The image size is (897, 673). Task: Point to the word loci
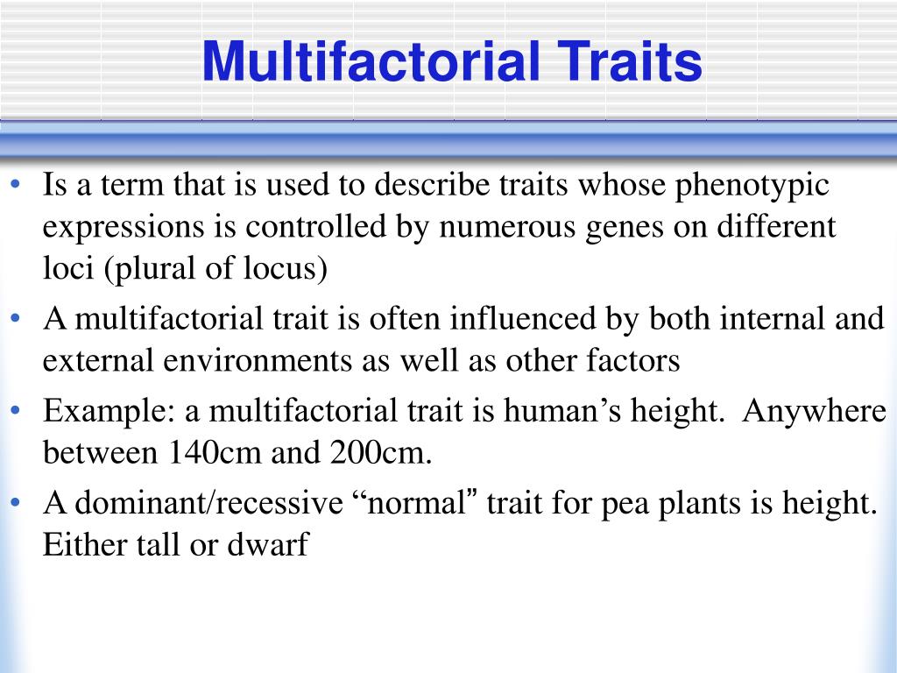click(69, 269)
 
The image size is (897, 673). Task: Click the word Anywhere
click(814, 410)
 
